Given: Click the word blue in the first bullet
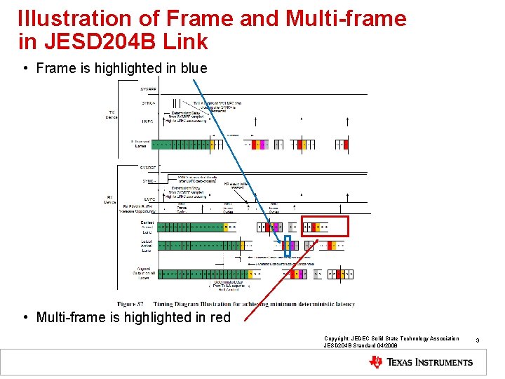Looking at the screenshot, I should click(193, 68).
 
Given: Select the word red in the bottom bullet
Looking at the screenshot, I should click(219, 317).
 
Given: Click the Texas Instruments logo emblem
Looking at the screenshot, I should click(377, 362).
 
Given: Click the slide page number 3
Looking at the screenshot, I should click(477, 340).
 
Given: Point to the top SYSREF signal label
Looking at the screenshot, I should click(149, 91).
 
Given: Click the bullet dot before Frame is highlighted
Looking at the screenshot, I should click(25, 68).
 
